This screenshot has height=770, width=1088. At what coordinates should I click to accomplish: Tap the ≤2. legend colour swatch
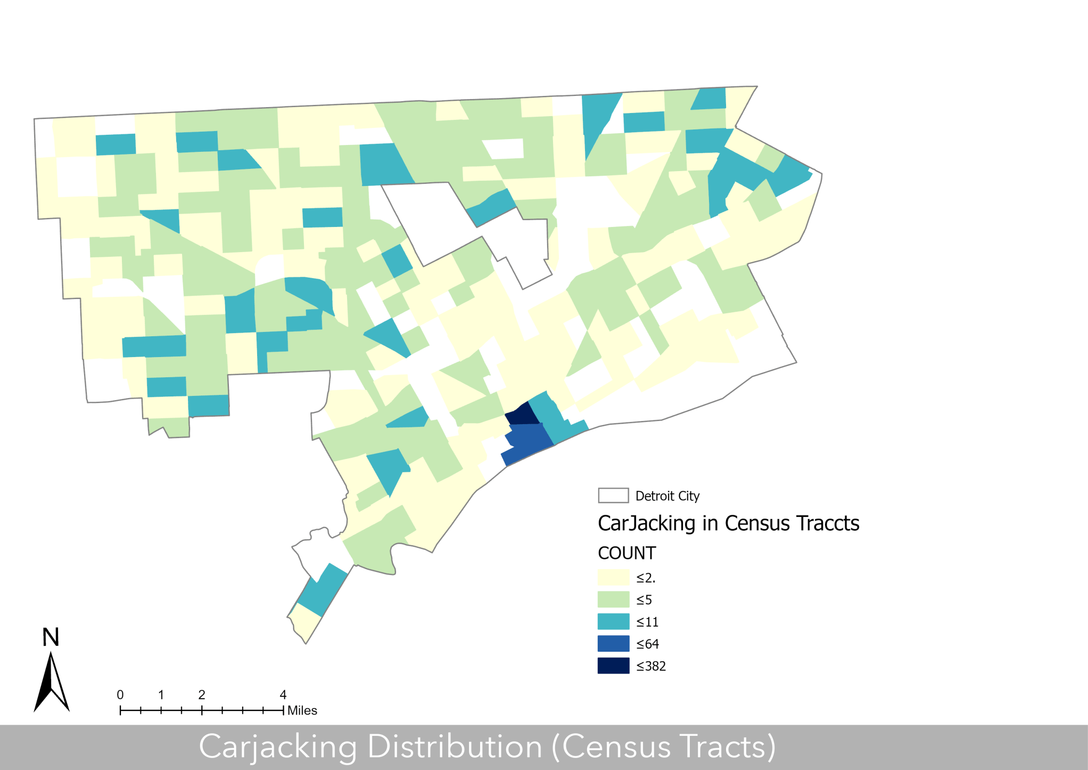[613, 578]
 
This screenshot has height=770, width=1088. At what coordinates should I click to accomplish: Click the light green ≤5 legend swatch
[613, 599]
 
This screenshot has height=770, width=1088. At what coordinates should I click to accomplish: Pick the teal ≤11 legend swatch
[613, 622]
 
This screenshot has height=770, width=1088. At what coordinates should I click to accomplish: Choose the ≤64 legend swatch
[613, 644]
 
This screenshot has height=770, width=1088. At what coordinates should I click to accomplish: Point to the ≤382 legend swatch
[613, 666]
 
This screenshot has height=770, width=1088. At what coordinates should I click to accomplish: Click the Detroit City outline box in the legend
[613, 496]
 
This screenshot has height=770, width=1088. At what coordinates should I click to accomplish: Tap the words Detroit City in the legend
[667, 496]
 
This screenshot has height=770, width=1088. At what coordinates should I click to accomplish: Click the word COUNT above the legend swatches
[627, 553]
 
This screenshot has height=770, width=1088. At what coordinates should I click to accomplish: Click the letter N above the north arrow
[51, 637]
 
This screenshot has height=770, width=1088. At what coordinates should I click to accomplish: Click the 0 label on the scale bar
[120, 695]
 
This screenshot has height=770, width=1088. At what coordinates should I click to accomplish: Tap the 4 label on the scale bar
[283, 695]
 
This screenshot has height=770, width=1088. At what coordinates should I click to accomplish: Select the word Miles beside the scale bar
[302, 710]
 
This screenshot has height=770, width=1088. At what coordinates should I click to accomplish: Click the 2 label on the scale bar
[202, 695]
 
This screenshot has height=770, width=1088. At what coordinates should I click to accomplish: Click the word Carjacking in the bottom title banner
[278, 747]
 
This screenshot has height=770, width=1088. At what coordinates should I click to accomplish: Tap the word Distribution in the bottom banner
[455, 747]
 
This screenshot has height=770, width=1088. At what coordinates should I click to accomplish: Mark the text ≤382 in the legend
[651, 666]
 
